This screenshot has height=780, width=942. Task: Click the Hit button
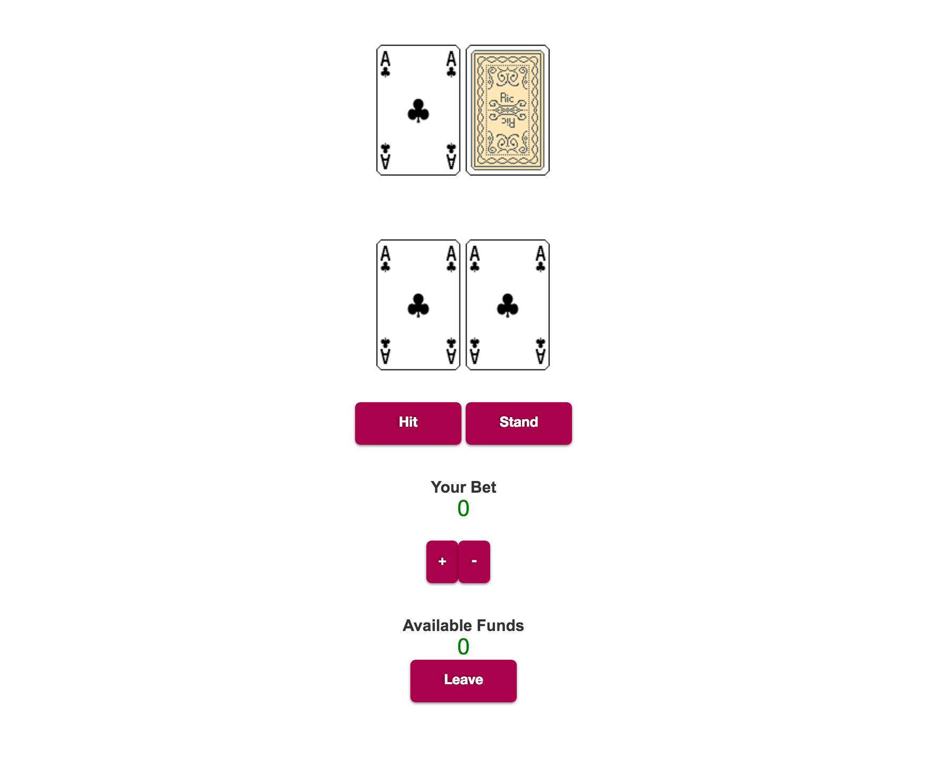point(408,423)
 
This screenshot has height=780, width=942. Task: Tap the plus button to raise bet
point(442,561)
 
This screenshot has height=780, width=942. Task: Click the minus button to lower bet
point(474,561)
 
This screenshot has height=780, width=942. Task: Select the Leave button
point(463,681)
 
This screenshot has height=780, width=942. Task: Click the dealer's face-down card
point(508,110)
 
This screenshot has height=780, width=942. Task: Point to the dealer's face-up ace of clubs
point(418,110)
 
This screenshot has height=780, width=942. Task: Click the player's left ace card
point(418,305)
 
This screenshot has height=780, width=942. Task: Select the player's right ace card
point(508,305)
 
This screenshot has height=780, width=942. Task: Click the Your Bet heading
point(463,487)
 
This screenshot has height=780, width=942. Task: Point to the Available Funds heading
point(463,625)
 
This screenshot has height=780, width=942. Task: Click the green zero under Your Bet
point(463,509)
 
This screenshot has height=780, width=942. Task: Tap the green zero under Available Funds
point(463,647)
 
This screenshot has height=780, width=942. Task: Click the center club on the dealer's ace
point(418,111)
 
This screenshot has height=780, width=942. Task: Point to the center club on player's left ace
point(418,305)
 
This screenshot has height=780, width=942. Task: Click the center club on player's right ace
point(508,305)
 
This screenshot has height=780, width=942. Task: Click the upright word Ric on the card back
point(507,98)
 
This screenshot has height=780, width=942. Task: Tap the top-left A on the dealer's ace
point(385,58)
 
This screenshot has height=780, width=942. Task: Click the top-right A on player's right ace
point(541,253)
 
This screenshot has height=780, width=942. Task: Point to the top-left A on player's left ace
point(385,253)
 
